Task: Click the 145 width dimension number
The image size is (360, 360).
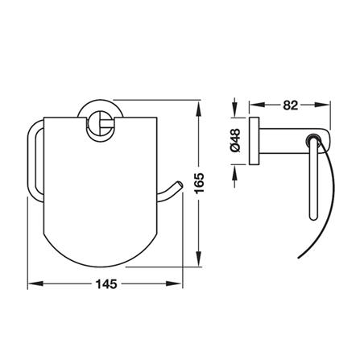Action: point(106,284)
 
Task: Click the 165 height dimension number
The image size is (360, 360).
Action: point(200,184)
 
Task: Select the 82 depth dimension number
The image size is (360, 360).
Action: point(291,106)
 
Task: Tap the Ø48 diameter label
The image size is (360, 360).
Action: point(236,140)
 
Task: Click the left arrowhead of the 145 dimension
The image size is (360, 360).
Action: point(35,283)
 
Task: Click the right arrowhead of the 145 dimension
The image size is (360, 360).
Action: point(174,283)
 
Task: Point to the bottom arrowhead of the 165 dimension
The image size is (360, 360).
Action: point(198,259)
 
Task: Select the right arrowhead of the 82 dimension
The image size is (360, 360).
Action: point(322,105)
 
